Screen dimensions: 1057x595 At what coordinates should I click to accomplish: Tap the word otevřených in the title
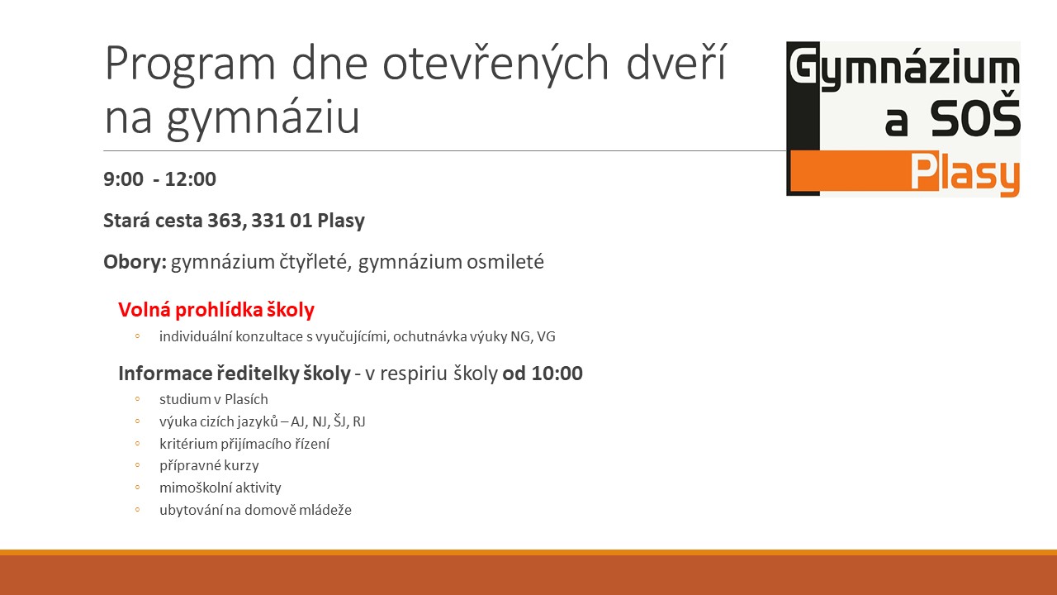495,63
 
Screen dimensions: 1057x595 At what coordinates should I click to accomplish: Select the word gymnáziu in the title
263,118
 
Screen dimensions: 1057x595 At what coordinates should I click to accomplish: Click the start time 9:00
123,179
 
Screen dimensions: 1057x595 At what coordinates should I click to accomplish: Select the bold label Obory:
135,262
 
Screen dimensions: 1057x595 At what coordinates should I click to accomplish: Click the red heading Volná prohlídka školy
216,310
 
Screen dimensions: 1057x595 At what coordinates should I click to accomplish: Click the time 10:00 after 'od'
557,373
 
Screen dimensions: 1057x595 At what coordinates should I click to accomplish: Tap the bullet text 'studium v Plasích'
214,399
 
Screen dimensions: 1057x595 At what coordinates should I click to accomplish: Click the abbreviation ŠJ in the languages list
339,421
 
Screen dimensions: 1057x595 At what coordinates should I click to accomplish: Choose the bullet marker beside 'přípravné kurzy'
137,465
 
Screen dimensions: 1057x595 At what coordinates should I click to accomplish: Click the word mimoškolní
196,488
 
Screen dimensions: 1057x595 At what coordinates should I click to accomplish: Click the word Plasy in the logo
965,174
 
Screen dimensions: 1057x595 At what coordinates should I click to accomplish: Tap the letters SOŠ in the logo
975,118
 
